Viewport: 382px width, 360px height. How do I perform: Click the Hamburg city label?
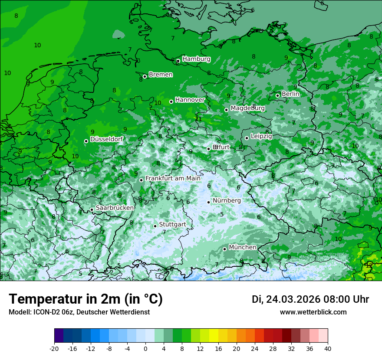(x=196, y=59)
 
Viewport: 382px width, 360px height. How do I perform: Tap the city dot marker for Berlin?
(x=277, y=95)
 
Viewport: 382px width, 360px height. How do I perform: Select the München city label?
(x=242, y=247)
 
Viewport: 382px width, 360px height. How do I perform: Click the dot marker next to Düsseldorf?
(x=86, y=141)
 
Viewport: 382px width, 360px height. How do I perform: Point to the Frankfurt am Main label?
(x=173, y=178)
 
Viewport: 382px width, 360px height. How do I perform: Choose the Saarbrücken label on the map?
(x=115, y=208)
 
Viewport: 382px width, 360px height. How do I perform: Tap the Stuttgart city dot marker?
(x=155, y=226)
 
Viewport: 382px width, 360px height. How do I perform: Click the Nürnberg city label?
(x=227, y=200)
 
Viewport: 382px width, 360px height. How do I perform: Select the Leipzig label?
(x=261, y=136)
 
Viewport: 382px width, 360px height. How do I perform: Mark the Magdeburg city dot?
(x=226, y=110)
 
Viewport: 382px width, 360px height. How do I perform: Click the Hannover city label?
(x=190, y=100)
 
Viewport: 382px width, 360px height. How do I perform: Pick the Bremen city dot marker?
(x=145, y=76)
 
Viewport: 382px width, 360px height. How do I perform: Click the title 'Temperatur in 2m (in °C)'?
(x=86, y=299)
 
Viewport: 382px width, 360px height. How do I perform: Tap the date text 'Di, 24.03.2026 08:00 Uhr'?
(x=310, y=299)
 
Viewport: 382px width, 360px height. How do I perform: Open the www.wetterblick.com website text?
(x=313, y=312)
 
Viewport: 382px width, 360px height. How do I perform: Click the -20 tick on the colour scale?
(x=54, y=348)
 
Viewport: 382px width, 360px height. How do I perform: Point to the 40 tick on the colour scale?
(x=328, y=348)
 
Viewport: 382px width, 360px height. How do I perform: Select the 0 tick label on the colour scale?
(x=145, y=348)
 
